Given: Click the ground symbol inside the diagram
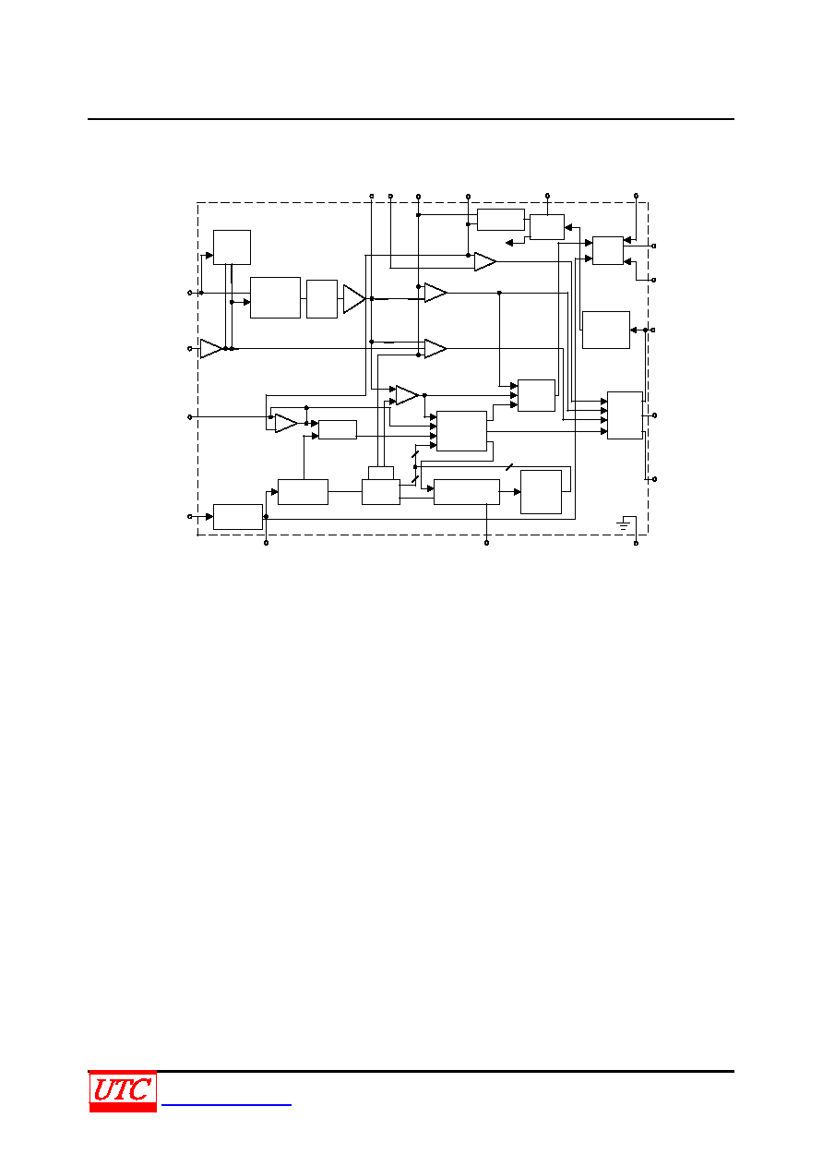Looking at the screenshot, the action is pos(623,523).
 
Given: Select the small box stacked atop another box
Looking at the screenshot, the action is pos(381,473).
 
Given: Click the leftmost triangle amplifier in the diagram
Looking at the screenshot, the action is pos(211,348).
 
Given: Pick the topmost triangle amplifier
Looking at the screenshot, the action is pos(485,261).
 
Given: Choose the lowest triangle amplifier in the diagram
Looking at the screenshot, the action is pos(286,423).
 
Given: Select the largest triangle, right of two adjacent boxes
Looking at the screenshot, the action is pos(354,299).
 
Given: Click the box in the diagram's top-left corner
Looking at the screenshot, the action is pos(232,247).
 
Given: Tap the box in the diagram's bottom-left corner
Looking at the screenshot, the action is pos(238,517).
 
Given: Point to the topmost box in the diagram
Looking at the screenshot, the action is pos(500,220).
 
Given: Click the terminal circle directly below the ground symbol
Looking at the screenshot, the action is pos(636,543).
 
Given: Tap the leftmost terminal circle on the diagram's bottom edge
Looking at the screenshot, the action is pos(266,543).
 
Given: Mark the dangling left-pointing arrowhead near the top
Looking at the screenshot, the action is pos(509,243).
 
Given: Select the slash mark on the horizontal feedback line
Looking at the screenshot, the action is pos(509,467).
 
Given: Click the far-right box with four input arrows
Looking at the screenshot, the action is pos(625,415).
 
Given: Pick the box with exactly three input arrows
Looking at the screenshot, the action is pos(536,396).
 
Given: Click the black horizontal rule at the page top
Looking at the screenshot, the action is pos(411,119).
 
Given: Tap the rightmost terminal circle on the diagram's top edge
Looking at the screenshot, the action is pos(636,197).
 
